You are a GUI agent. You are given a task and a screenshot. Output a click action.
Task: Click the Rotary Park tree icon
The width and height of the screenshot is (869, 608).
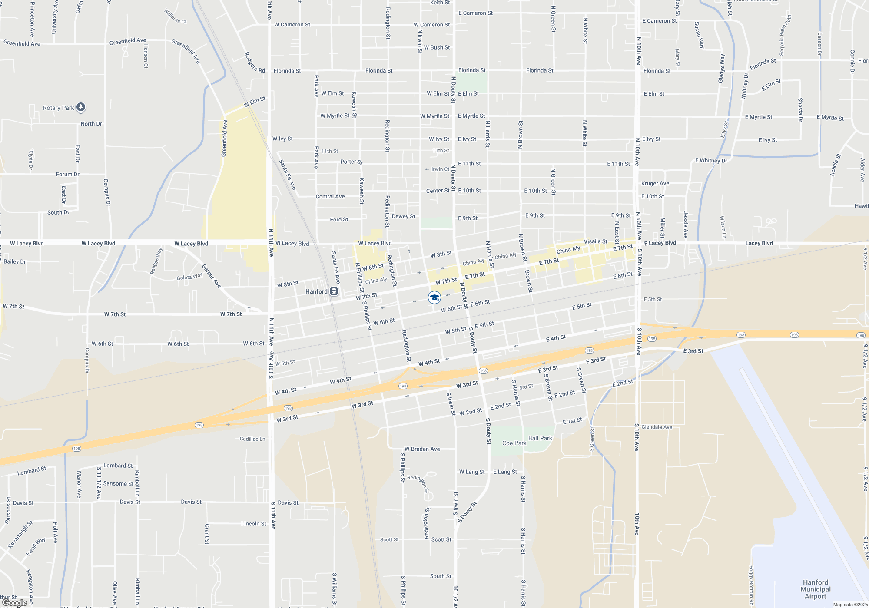[x=81, y=107]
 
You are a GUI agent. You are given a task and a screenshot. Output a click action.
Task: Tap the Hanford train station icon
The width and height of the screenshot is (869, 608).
[x=334, y=291]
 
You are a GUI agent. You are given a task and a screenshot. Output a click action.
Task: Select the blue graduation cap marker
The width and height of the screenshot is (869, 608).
[x=434, y=297]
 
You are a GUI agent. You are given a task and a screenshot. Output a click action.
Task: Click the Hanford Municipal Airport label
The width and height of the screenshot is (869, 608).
[x=815, y=589]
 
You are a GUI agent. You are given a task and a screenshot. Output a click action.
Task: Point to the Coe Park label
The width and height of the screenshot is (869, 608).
[x=514, y=443]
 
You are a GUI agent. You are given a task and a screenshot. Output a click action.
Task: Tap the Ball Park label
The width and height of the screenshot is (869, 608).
[x=540, y=438]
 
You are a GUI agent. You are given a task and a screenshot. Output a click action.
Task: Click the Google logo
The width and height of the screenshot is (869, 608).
[x=14, y=603]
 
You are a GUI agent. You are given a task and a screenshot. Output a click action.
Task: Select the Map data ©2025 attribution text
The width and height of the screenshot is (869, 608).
[x=850, y=605]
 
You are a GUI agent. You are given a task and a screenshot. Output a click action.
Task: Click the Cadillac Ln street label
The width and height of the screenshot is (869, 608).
[x=252, y=439]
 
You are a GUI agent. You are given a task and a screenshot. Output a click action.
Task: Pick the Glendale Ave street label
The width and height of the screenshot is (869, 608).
[x=657, y=427]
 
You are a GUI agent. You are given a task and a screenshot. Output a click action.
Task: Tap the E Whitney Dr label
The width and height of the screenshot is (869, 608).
[x=711, y=161]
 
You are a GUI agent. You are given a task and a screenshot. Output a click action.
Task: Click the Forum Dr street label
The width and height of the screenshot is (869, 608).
[x=67, y=174]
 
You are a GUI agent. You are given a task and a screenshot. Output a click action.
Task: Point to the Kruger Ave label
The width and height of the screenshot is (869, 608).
[x=655, y=183]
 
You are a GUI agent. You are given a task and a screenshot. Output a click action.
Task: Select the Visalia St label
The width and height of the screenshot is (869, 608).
[x=595, y=241]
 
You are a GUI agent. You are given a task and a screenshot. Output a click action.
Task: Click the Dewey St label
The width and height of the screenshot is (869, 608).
[x=403, y=216]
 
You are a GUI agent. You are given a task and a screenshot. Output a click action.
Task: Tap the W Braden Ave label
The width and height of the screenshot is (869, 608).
[x=422, y=449]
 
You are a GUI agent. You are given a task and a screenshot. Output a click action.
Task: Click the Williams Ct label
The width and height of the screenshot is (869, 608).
[x=175, y=16]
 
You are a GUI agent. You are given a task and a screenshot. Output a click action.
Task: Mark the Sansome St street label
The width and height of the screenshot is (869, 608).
[x=118, y=484]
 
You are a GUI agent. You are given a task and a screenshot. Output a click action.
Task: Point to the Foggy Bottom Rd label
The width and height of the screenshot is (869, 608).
[x=751, y=585]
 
